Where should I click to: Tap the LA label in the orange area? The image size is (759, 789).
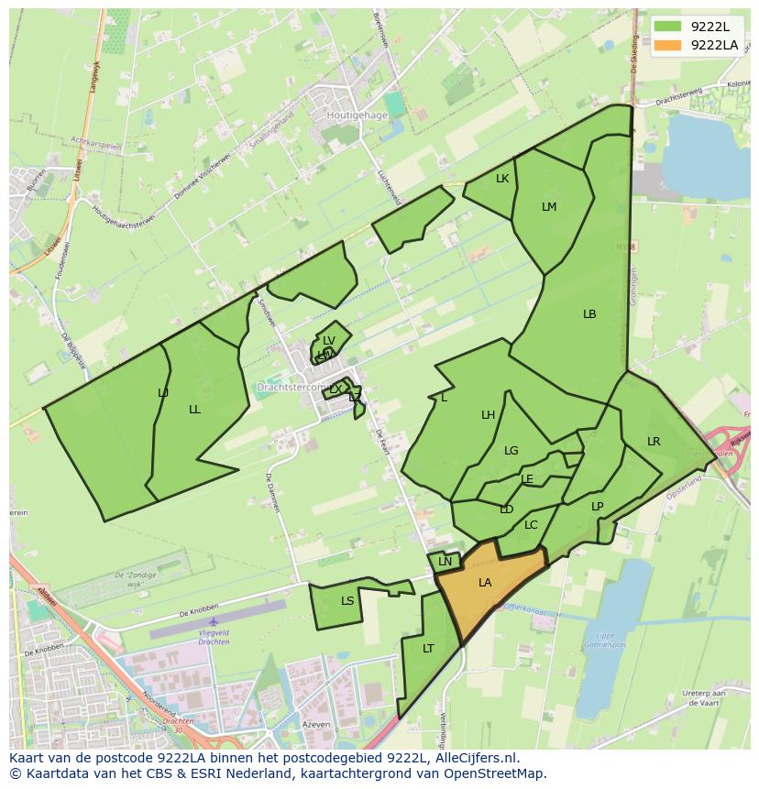(x=485, y=583)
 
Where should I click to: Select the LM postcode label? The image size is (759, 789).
(x=549, y=207)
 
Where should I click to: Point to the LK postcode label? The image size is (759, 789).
(x=502, y=179)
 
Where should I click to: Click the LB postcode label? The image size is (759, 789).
(x=589, y=314)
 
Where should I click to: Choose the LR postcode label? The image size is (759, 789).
(x=654, y=442)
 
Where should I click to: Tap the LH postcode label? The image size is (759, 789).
(x=489, y=415)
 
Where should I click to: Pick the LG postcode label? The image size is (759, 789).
(x=511, y=451)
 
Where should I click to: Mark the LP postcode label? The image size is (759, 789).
(x=598, y=507)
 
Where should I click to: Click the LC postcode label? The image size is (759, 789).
(x=531, y=525)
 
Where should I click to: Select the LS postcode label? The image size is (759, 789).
(x=347, y=601)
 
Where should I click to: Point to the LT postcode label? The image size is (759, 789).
(x=428, y=649)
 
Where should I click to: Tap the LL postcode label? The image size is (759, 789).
(x=194, y=410)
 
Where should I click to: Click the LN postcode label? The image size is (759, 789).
(x=445, y=562)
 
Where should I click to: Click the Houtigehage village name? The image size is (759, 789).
(x=357, y=116)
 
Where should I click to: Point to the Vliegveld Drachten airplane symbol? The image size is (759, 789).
(x=214, y=622)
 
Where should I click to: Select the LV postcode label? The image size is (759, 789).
(x=329, y=341)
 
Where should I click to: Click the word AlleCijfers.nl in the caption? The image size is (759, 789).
(x=474, y=759)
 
